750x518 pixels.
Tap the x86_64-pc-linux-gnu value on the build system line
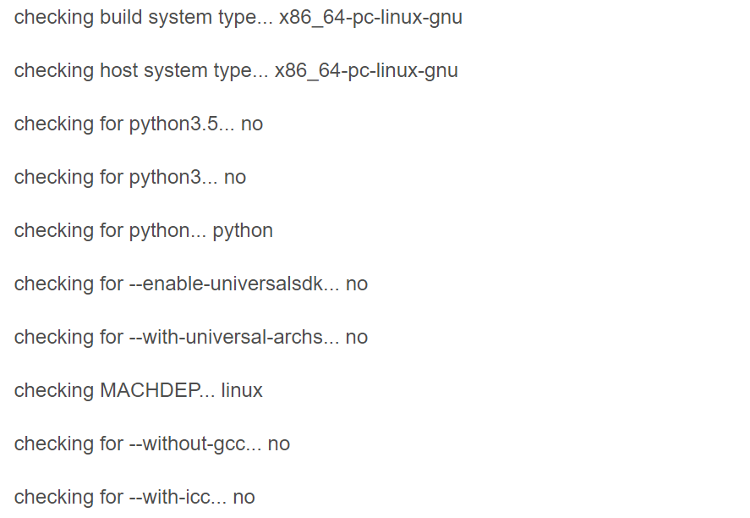click(370, 17)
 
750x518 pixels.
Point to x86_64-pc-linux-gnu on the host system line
click(366, 70)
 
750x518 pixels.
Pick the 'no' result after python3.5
click(252, 124)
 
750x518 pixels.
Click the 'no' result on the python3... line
click(235, 177)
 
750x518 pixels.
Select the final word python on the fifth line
click(243, 230)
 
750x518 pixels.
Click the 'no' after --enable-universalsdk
click(357, 284)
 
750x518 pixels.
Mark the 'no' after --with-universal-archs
click(357, 337)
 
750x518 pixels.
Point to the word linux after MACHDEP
click(242, 390)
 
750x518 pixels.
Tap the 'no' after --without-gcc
click(279, 444)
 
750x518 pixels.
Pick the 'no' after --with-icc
click(244, 497)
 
